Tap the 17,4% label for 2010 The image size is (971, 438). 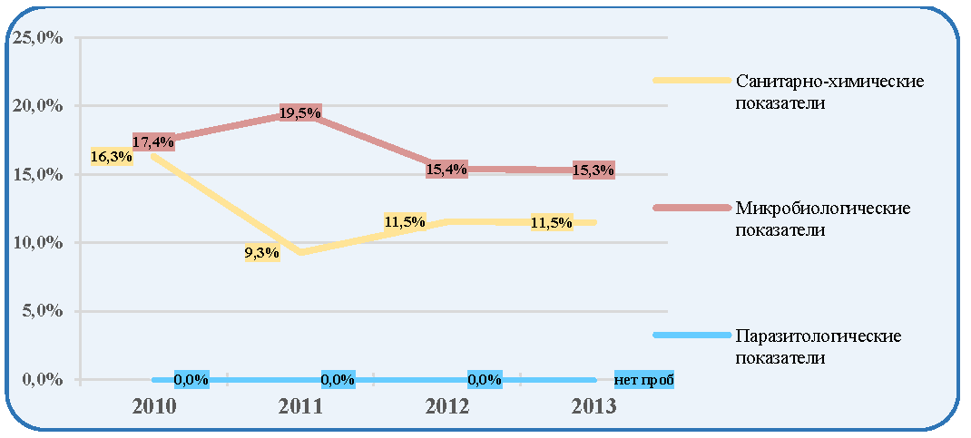tap(153, 141)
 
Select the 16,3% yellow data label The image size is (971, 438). tap(112, 157)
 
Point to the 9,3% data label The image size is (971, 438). tap(262, 253)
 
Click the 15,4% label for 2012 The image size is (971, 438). tap(446, 170)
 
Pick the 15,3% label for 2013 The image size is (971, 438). tap(593, 170)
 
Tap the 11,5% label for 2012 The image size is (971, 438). tap(405, 221)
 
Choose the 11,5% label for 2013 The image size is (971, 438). tap(552, 223)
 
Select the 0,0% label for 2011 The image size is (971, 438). tap(338, 379)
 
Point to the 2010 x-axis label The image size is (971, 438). tap(153, 407)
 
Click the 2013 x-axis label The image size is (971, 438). tap(594, 407)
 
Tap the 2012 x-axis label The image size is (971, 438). tap(447, 407)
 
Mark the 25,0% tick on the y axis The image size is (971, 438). tap(36, 38)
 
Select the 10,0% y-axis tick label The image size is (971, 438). tap(36, 243)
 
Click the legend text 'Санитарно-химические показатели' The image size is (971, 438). tap(829, 92)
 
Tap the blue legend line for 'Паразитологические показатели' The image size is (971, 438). tap(692, 336)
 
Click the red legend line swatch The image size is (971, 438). tap(692, 208)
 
